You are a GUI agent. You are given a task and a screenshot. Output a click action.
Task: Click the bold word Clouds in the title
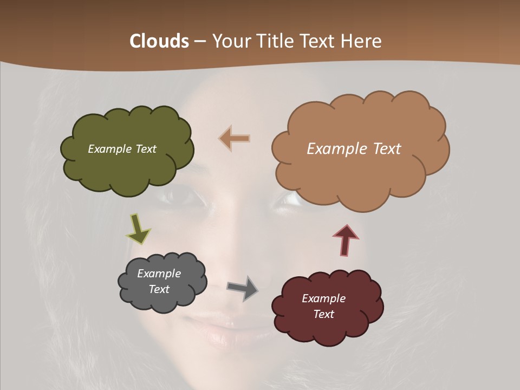click(x=159, y=41)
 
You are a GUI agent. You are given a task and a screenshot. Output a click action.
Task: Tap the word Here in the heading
click(x=361, y=41)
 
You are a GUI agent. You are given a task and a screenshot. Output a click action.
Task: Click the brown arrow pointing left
click(x=235, y=139)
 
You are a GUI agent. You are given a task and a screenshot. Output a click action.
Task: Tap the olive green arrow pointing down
click(x=138, y=227)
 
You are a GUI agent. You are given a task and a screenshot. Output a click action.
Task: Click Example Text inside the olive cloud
click(x=122, y=149)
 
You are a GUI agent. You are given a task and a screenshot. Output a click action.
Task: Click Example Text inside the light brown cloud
click(x=354, y=149)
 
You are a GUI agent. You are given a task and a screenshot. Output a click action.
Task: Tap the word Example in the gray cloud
click(x=159, y=274)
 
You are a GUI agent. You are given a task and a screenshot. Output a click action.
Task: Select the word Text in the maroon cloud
click(x=323, y=314)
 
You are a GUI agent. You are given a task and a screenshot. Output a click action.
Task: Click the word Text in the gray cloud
click(x=159, y=289)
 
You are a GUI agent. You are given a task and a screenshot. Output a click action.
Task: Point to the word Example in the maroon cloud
click(x=323, y=298)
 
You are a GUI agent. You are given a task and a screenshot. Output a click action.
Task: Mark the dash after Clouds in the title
click(x=199, y=41)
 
